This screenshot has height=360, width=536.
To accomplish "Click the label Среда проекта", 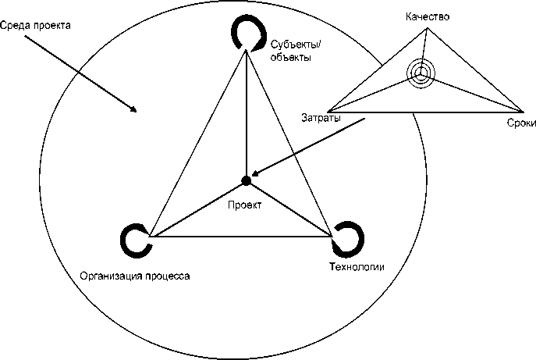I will pos(37,26).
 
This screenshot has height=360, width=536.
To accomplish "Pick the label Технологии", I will pos(357,267).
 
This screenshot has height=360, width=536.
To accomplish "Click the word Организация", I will pos(112,276).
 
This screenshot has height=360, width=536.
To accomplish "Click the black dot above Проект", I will pos(246,180).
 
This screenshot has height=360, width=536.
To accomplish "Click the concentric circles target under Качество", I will pos(420,73).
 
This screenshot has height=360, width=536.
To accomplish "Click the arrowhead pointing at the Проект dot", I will pos(256,176).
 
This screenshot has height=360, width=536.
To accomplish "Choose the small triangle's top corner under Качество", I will pos(426,30).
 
